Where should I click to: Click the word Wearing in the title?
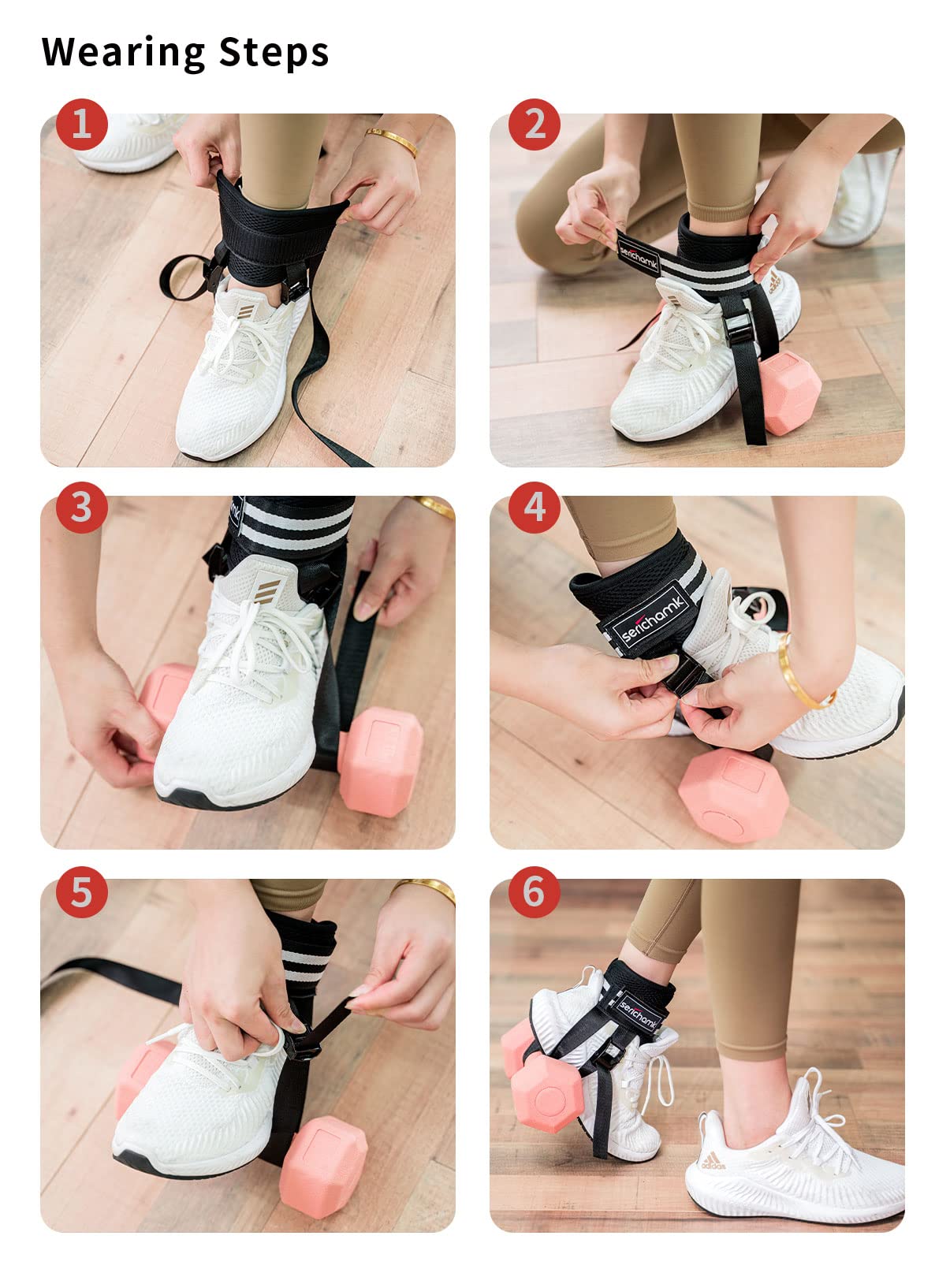pyautogui.click(x=123, y=53)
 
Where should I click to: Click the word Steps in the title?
pyautogui.click(x=274, y=53)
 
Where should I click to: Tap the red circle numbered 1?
pyautogui.click(x=82, y=124)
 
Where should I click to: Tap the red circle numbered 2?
pyautogui.click(x=535, y=124)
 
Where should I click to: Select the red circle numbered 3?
pyautogui.click(x=82, y=507)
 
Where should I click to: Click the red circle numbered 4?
pyautogui.click(x=535, y=507)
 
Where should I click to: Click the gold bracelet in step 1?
pyautogui.click(x=392, y=141)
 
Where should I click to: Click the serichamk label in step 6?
pyautogui.click(x=638, y=1013)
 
